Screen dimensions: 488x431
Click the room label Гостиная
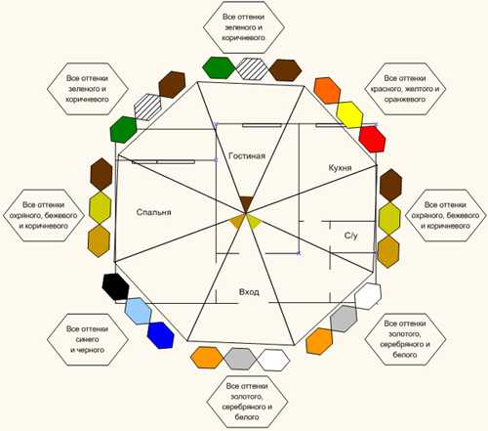pyautogui.click(x=247, y=155)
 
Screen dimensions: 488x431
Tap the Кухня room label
pyautogui.click(x=340, y=168)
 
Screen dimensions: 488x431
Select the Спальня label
pyautogui.click(x=153, y=212)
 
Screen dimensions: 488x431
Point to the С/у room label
pyautogui.click(x=350, y=236)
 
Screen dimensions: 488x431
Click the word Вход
pyautogui.click(x=249, y=292)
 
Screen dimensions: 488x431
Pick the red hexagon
pyautogui.click(x=372, y=139)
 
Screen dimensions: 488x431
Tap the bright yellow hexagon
pyautogui.click(x=349, y=114)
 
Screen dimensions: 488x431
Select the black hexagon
pyautogui.click(x=115, y=286)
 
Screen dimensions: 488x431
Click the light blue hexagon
pyautogui.click(x=139, y=311)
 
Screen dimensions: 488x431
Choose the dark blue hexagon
pyautogui.click(x=160, y=335)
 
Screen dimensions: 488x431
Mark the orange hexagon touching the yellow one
pyautogui.click(x=327, y=91)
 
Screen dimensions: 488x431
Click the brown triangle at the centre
pyautogui.click(x=246, y=204)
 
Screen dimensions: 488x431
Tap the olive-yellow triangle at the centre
pyautogui.click(x=254, y=222)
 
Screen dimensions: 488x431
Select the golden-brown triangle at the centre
pyautogui.click(x=237, y=222)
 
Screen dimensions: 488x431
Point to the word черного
pyautogui.click(x=87, y=350)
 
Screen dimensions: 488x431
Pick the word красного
pyautogui.click(x=384, y=89)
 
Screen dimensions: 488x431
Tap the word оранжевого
pyautogui.click(x=405, y=100)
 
